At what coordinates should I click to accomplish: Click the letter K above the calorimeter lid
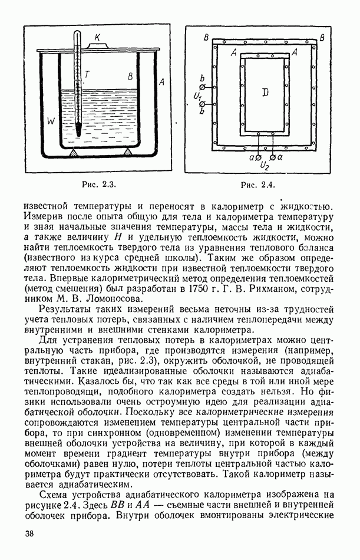(98, 38)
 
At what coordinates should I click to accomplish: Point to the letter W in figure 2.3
(50, 121)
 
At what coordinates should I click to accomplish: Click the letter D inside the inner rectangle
(265, 93)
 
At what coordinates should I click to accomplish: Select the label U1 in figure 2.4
(198, 95)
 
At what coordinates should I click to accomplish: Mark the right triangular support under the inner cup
(127, 153)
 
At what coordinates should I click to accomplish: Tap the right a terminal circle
(272, 158)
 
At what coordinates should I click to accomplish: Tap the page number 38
(29, 534)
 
